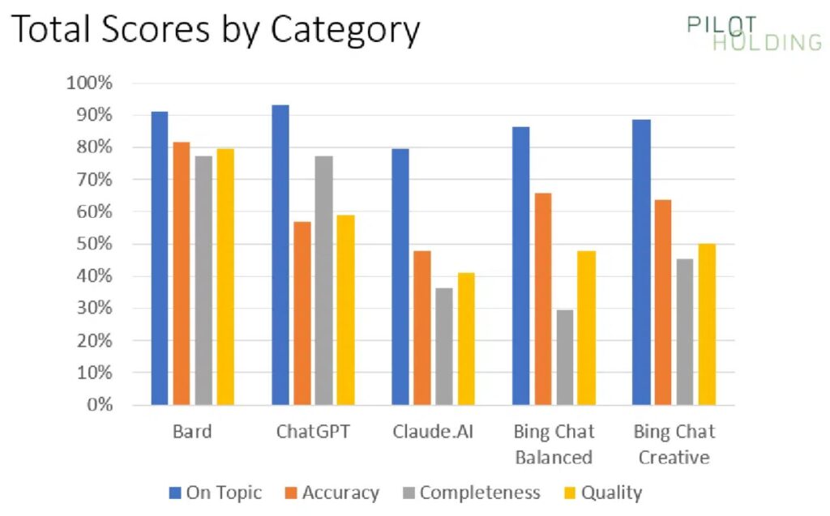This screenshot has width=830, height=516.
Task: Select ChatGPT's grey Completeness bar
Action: (x=323, y=279)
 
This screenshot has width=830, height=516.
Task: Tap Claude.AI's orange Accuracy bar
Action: (x=421, y=327)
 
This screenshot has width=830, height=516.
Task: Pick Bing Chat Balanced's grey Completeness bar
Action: (x=564, y=356)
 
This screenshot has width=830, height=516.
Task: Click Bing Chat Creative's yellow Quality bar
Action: (x=707, y=324)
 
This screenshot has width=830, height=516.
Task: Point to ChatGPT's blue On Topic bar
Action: (x=280, y=254)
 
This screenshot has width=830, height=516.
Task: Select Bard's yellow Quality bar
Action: (x=225, y=276)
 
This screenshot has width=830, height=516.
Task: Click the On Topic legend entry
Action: (x=216, y=493)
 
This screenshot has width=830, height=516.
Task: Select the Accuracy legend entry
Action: (x=331, y=493)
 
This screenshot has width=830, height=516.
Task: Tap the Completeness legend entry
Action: (x=470, y=493)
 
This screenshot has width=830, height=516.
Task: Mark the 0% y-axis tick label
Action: (x=99, y=404)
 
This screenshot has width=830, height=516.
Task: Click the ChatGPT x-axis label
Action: (x=313, y=431)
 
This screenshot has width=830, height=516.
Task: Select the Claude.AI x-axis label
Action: (x=432, y=431)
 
